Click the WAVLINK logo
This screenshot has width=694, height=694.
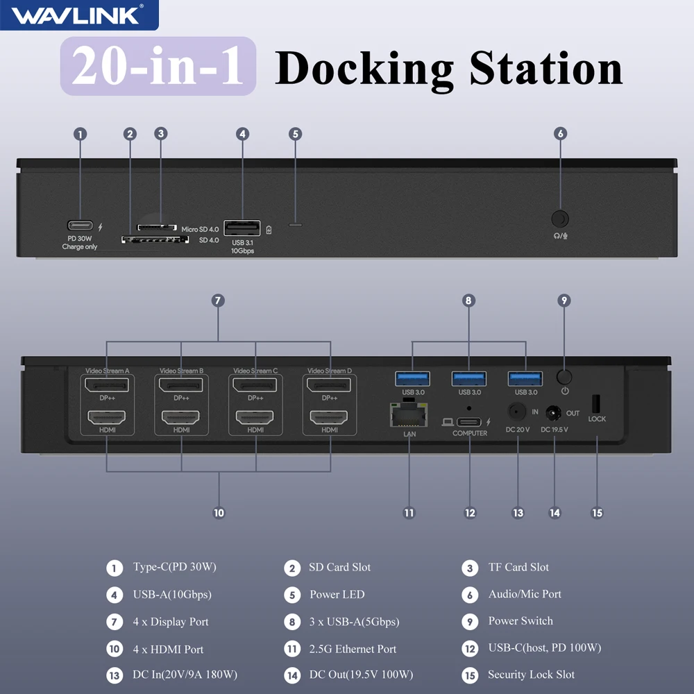tap(78, 15)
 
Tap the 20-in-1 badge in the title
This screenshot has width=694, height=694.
tap(158, 67)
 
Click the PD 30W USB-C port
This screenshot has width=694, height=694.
tap(80, 226)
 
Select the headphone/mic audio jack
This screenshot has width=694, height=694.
tap(560, 219)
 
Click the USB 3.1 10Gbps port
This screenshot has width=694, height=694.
tap(242, 228)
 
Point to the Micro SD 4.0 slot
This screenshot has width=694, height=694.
tap(157, 227)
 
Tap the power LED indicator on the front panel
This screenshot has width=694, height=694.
tap(296, 224)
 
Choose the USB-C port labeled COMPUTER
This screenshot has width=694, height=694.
tap(469, 421)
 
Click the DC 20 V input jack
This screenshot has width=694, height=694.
tap(517, 411)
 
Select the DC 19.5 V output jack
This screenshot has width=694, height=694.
tap(554, 414)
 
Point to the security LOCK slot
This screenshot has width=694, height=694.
tap(595, 403)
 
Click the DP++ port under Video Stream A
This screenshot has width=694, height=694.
tap(107, 384)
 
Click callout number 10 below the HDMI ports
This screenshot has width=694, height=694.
tap(219, 513)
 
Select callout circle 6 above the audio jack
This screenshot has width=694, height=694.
tap(561, 134)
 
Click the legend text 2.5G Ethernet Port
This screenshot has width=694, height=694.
tap(353, 650)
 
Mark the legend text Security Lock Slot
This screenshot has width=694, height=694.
tap(531, 675)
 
